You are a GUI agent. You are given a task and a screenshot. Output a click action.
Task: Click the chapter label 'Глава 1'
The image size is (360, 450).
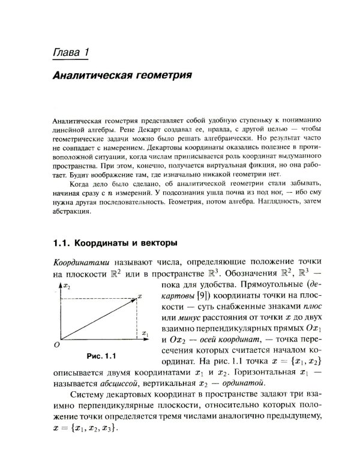71,53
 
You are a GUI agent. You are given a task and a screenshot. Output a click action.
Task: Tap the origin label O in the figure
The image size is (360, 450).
56,345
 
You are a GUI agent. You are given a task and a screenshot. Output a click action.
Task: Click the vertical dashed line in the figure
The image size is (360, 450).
137,318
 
